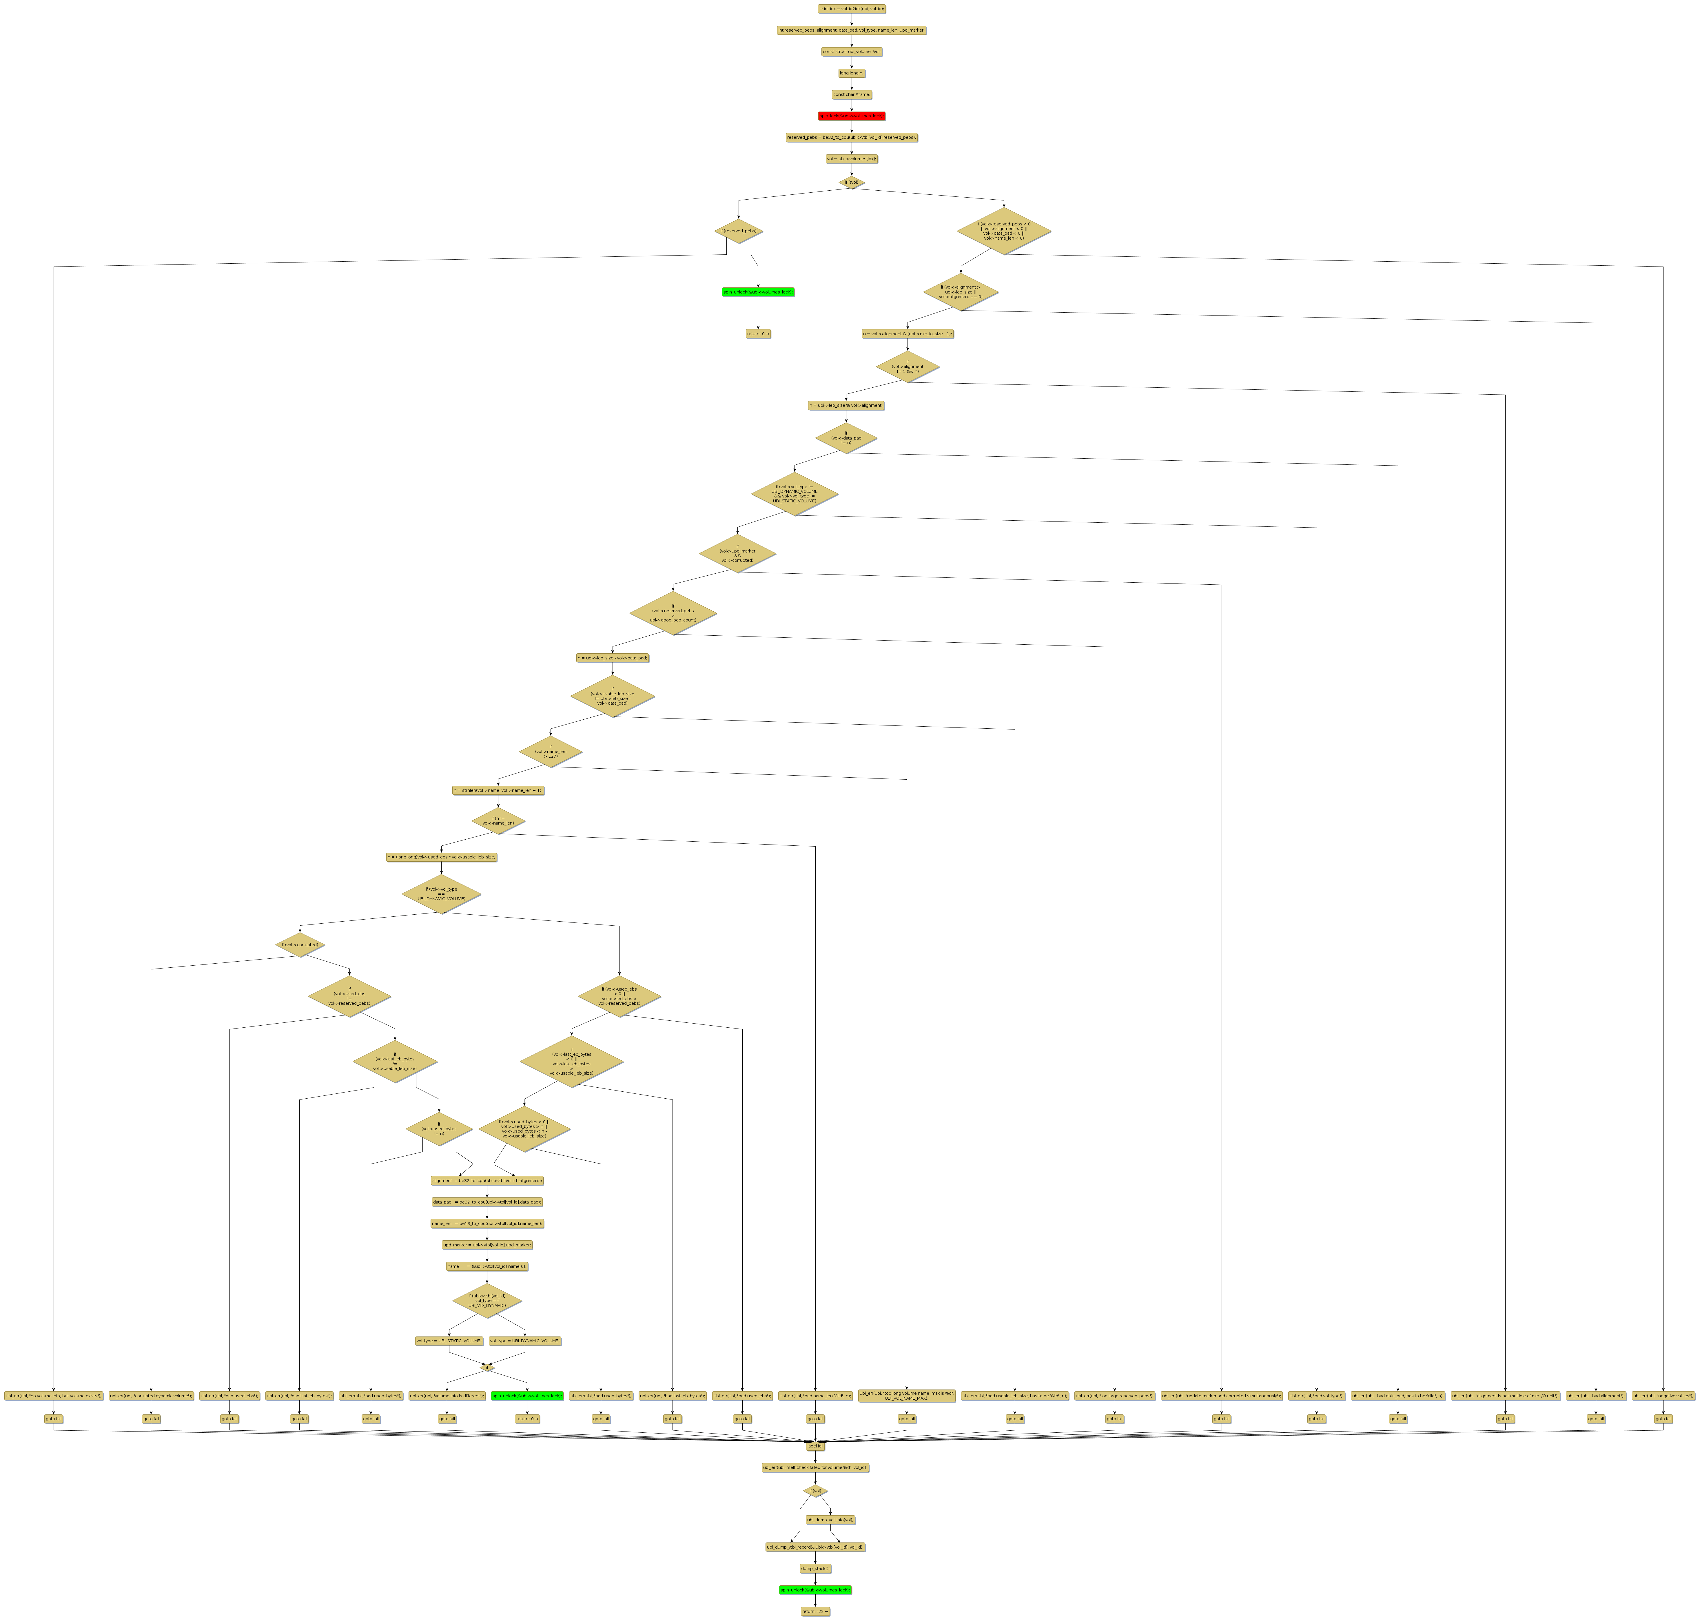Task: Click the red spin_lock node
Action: click(x=851, y=116)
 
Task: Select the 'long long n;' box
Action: click(x=851, y=74)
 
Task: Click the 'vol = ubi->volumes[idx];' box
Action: click(x=851, y=159)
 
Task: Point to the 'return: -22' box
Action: click(x=814, y=1611)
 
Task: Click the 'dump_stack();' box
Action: click(x=814, y=1568)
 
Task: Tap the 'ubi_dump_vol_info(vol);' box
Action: click(x=830, y=1520)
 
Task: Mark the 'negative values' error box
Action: click(x=1663, y=1396)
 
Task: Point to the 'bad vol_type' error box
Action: click(x=1316, y=1396)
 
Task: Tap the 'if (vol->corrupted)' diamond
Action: click(x=300, y=945)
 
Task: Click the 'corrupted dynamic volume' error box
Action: click(x=151, y=1396)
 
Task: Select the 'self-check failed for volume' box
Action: click(x=814, y=1467)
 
